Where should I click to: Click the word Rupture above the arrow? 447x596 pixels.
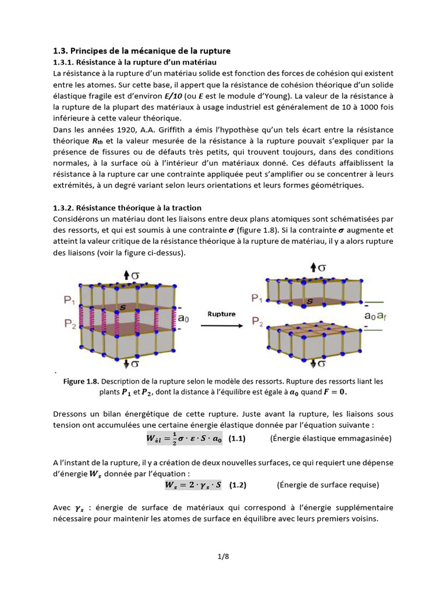coord(221,314)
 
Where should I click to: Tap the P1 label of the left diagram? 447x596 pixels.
coord(69,300)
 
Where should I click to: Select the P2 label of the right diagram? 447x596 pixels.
coord(257,321)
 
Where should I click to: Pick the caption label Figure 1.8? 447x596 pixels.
coord(81,381)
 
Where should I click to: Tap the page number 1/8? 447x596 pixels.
coord(223,556)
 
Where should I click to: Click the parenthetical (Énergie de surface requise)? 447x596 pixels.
coord(328,484)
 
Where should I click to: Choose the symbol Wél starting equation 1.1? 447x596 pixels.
coord(155,439)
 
